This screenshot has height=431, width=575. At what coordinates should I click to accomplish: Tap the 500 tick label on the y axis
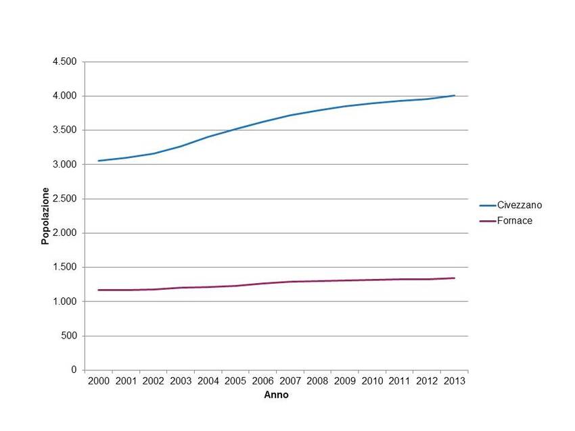70,336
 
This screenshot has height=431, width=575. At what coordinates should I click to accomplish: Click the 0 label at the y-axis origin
74,370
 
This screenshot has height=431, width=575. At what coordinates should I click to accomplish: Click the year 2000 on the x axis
99,382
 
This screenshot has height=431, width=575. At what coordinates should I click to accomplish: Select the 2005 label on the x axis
235,382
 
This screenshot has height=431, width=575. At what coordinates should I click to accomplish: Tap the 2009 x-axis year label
345,382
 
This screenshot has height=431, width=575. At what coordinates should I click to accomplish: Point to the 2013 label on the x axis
454,382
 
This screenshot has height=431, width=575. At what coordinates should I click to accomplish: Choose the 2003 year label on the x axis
181,382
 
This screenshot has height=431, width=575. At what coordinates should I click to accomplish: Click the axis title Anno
276,395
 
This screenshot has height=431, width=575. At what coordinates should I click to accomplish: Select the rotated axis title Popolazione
45,216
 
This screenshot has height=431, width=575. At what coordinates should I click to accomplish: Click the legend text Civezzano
520,205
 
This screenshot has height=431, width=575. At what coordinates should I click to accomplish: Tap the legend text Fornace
515,221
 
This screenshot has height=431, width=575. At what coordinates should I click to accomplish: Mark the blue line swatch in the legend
487,205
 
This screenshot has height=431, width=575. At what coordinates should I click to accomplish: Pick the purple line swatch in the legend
487,221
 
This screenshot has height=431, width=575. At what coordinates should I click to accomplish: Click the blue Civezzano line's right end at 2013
454,95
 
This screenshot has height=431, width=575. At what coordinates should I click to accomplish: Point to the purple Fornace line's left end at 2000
99,290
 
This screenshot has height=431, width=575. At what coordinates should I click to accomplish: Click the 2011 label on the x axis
399,382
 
